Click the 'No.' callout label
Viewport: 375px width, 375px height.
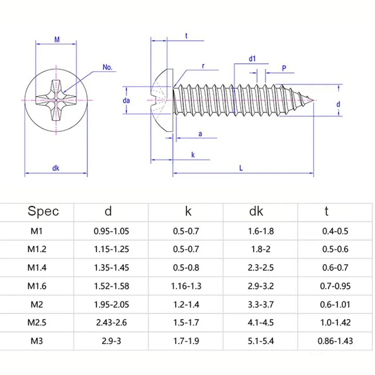(107, 67)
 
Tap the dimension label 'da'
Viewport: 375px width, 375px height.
(126, 100)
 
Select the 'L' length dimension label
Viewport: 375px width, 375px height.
(241, 168)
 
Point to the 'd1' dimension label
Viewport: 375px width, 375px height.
(252, 59)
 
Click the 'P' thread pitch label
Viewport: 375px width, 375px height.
(284, 68)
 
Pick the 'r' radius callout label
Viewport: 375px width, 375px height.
(203, 66)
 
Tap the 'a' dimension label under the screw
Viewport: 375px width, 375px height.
(200, 134)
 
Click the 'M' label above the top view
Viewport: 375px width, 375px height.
(57, 39)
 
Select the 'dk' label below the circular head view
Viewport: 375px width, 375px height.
(56, 168)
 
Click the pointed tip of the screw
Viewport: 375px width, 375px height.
(314, 100)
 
